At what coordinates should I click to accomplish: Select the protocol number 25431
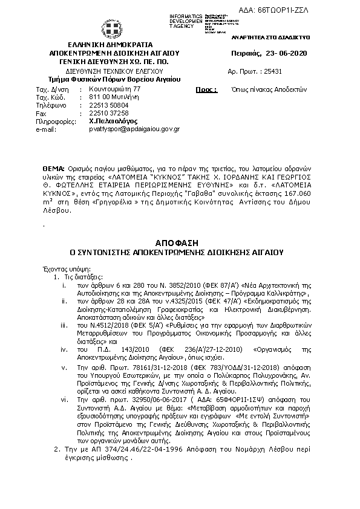click(270, 71)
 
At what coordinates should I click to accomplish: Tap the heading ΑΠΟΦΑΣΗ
click(182, 241)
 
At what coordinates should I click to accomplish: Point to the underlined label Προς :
click(206, 89)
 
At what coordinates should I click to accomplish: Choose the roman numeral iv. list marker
click(64, 349)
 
